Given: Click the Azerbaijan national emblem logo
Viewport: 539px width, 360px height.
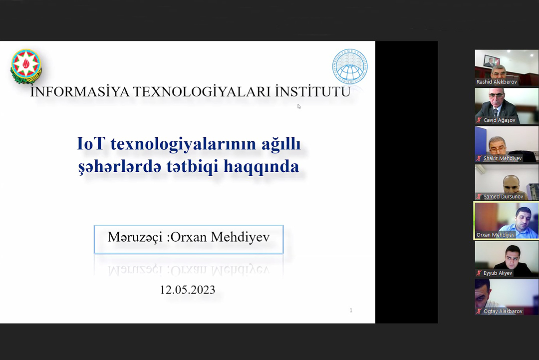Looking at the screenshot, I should pyautogui.click(x=26, y=65).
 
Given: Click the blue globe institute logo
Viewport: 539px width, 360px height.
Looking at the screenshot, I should pyautogui.click(x=350, y=66).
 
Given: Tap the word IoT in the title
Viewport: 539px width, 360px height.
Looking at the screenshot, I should pyautogui.click(x=91, y=144).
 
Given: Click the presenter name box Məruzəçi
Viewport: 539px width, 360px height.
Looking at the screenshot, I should pyautogui.click(x=189, y=238).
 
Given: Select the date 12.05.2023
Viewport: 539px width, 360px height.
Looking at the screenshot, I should pyautogui.click(x=187, y=290).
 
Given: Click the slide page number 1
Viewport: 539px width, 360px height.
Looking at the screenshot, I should pyautogui.click(x=351, y=311).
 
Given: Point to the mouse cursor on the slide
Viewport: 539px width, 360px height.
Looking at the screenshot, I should pyautogui.click(x=299, y=106).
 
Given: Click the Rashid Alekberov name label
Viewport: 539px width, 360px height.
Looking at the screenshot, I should pyautogui.click(x=496, y=82).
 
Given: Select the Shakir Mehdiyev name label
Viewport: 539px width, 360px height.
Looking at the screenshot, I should pyautogui.click(x=502, y=158).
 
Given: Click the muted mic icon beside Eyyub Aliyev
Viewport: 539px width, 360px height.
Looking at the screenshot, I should pyautogui.click(x=479, y=273).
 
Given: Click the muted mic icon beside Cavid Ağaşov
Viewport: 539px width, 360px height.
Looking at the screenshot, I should pyautogui.click(x=479, y=120).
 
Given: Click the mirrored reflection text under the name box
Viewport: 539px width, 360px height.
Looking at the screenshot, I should pyautogui.click(x=189, y=269).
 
